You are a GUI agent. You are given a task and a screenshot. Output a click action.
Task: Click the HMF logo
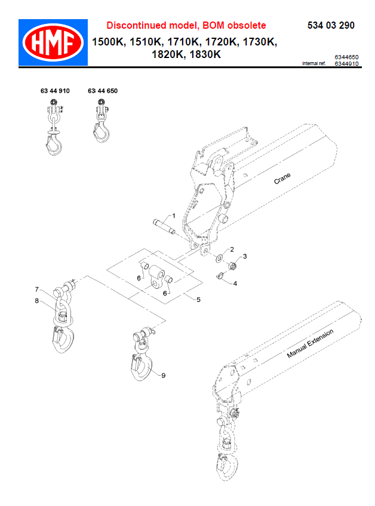53,42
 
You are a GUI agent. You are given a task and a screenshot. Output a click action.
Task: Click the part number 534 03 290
330,26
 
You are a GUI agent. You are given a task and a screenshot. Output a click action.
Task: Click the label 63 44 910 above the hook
55,91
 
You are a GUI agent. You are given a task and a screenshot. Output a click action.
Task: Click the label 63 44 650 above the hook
103,91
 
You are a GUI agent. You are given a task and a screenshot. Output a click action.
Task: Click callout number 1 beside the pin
174,215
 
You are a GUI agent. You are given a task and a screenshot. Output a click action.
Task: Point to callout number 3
244,256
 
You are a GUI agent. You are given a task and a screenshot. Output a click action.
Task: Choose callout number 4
235,283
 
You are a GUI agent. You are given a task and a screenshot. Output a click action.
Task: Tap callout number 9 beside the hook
163,374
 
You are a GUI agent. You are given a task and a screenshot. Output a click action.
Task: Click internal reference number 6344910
346,63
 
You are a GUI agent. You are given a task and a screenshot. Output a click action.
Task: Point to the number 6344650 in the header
346,57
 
